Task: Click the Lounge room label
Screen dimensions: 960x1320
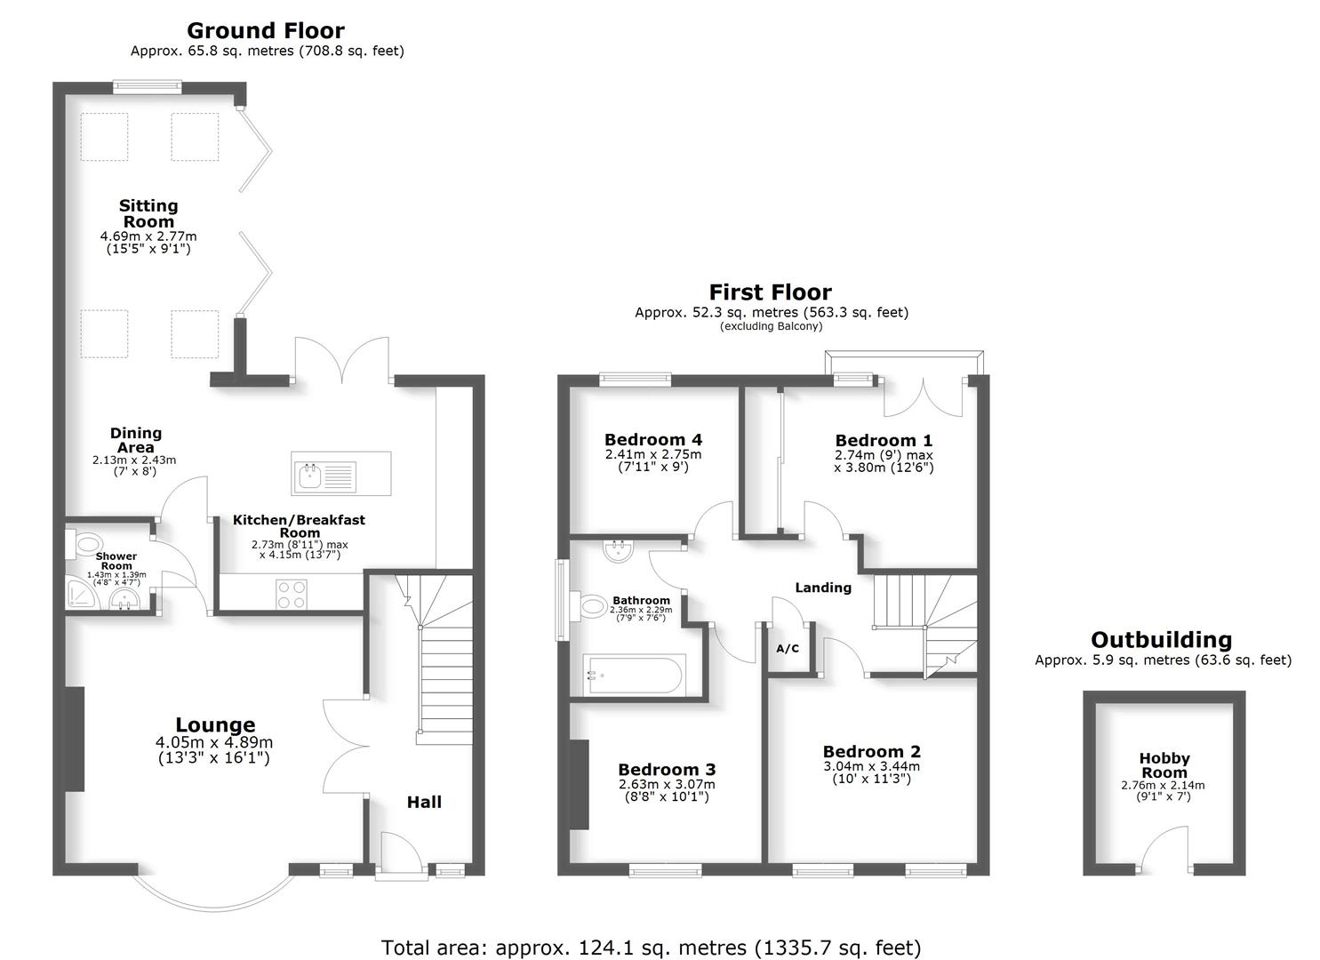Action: tap(214, 725)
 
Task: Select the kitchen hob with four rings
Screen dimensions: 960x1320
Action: tap(292, 593)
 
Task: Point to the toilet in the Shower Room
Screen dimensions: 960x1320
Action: tap(87, 543)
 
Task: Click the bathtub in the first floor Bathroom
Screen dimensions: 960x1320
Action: tap(633, 675)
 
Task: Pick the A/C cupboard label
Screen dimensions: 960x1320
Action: tap(788, 649)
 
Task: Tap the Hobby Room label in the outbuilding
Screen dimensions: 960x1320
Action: tap(1164, 765)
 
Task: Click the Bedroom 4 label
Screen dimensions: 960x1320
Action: tap(653, 440)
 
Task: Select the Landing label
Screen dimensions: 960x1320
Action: tap(823, 588)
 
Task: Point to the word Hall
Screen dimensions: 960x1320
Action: tap(424, 802)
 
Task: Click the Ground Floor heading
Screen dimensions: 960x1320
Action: tap(266, 31)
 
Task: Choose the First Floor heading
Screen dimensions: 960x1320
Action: tap(770, 292)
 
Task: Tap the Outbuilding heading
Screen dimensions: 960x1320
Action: tap(1162, 640)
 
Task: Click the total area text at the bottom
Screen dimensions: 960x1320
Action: tap(651, 948)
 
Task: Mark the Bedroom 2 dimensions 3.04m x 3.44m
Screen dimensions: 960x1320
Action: tap(871, 766)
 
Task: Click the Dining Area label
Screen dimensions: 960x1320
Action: tap(136, 440)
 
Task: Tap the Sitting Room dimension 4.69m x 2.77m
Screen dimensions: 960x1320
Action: tap(148, 236)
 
